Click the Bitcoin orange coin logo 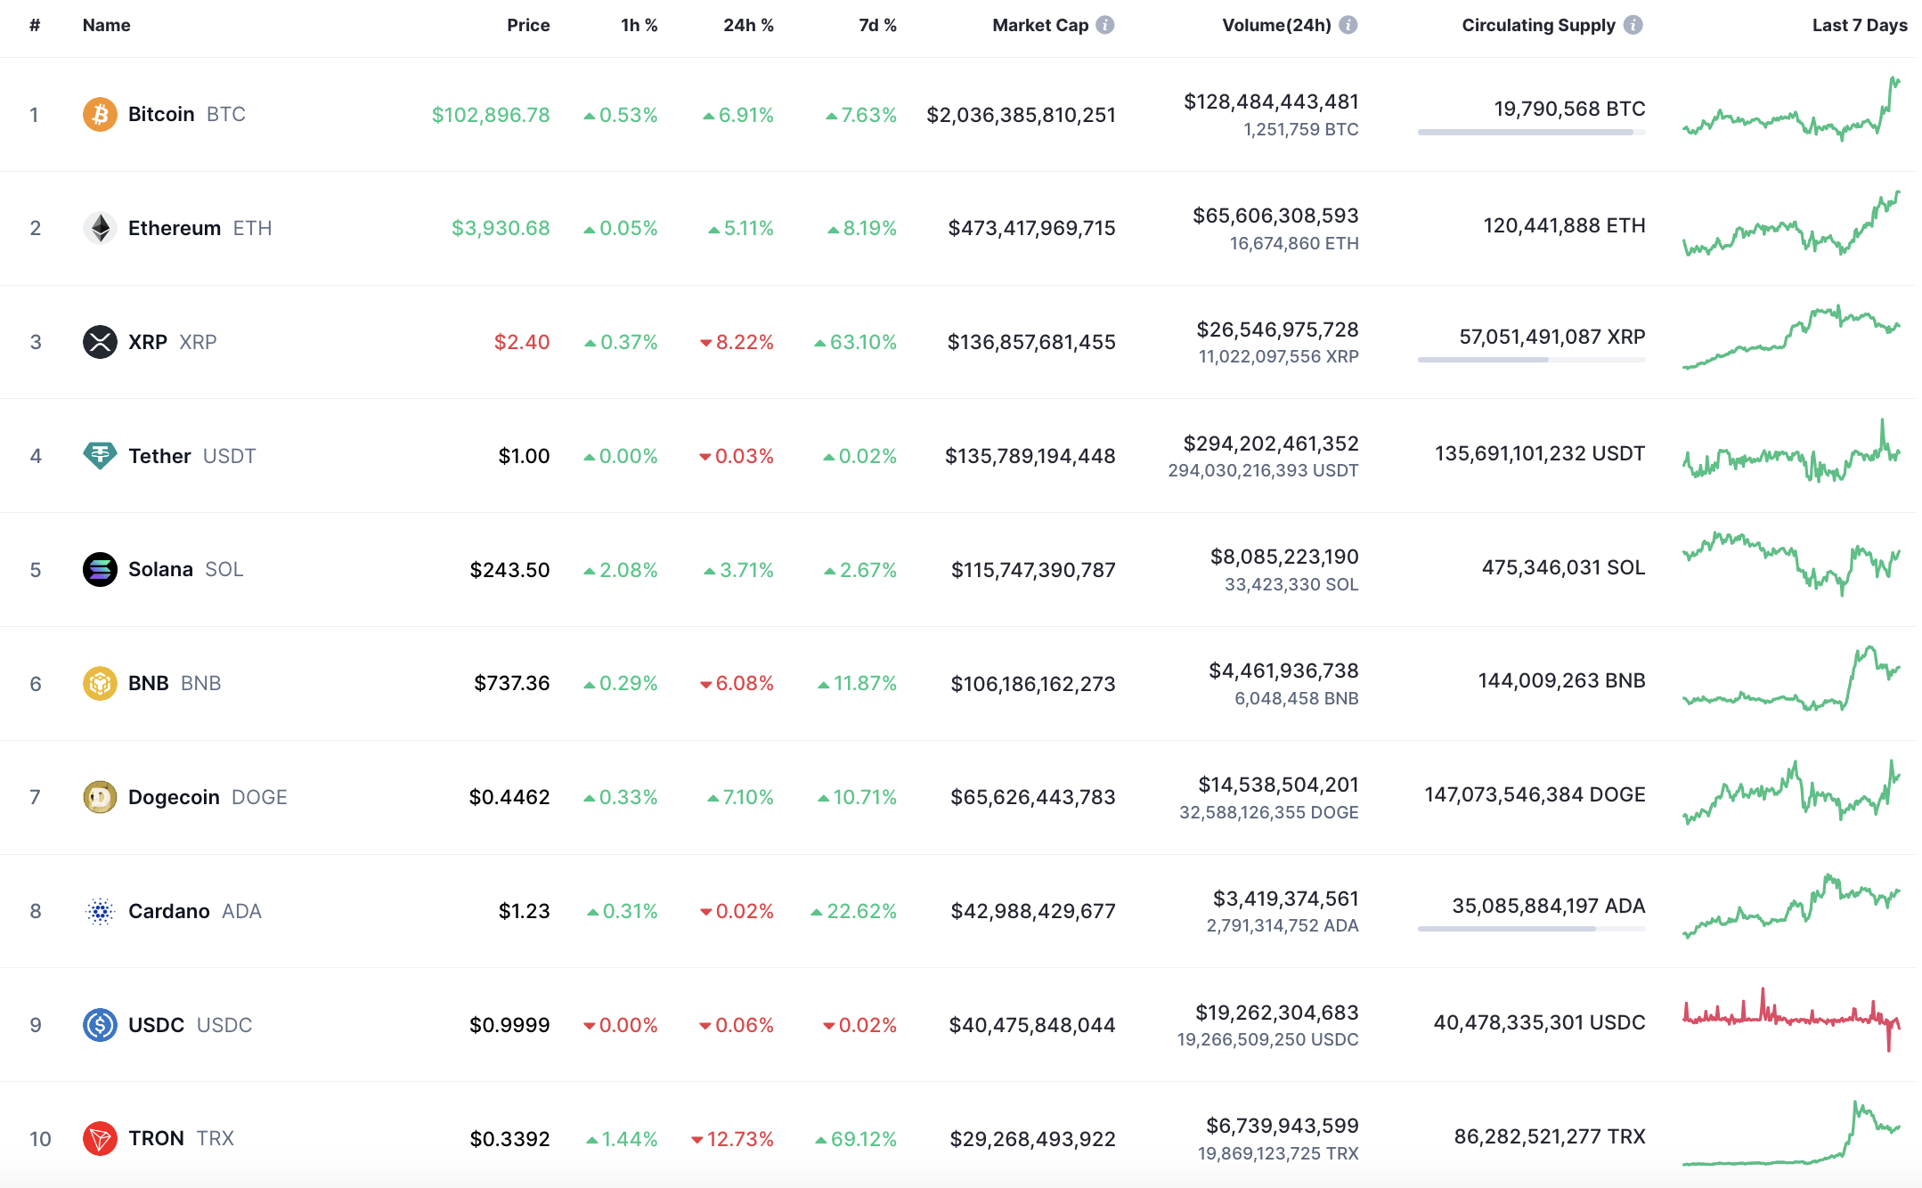click(x=100, y=114)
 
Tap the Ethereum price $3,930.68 click(x=501, y=228)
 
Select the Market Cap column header click(x=1040, y=25)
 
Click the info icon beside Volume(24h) click(x=1348, y=25)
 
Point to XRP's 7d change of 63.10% click(x=855, y=342)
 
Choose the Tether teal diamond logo click(x=100, y=456)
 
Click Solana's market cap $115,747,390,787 click(x=1033, y=570)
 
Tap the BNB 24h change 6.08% click(x=737, y=683)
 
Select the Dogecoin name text click(x=174, y=797)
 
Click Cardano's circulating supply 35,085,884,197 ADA click(x=1549, y=906)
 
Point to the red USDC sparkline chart click(x=1791, y=1021)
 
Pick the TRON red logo click(x=100, y=1138)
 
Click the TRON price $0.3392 click(x=509, y=1139)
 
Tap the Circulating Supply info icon click(x=1633, y=25)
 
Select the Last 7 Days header click(x=1860, y=25)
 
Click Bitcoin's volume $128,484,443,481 click(x=1271, y=102)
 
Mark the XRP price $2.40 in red click(x=522, y=342)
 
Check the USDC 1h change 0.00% click(x=621, y=1025)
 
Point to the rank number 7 click(x=35, y=797)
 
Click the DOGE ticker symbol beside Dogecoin click(x=259, y=797)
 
